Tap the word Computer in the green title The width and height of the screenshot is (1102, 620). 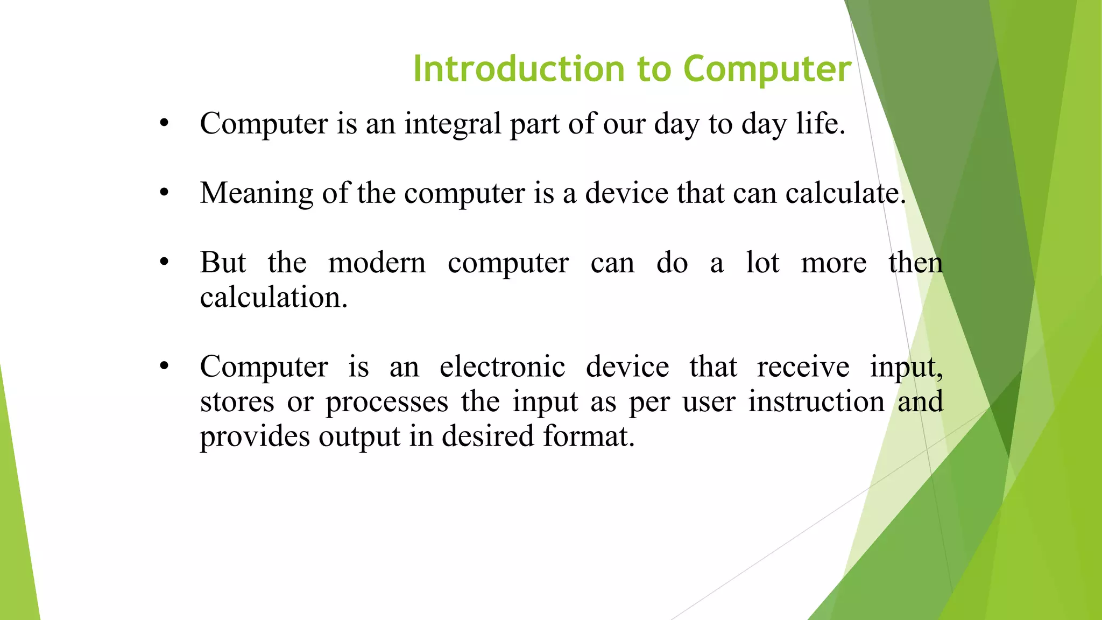click(767, 69)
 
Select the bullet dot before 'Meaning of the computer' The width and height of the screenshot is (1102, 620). click(164, 193)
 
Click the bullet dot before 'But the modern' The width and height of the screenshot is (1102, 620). click(164, 263)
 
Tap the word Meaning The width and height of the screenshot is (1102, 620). click(257, 193)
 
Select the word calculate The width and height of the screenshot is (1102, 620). click(843, 193)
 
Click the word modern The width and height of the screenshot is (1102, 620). click(377, 263)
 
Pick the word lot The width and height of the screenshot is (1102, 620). click(762, 263)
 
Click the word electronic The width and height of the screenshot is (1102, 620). click(502, 367)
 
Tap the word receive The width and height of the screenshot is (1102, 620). click(803, 367)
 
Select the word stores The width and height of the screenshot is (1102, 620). click(237, 401)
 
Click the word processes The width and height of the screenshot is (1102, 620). click(386, 401)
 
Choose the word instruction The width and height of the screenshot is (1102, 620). click(816, 401)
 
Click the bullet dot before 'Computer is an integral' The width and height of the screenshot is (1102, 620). click(164, 124)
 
